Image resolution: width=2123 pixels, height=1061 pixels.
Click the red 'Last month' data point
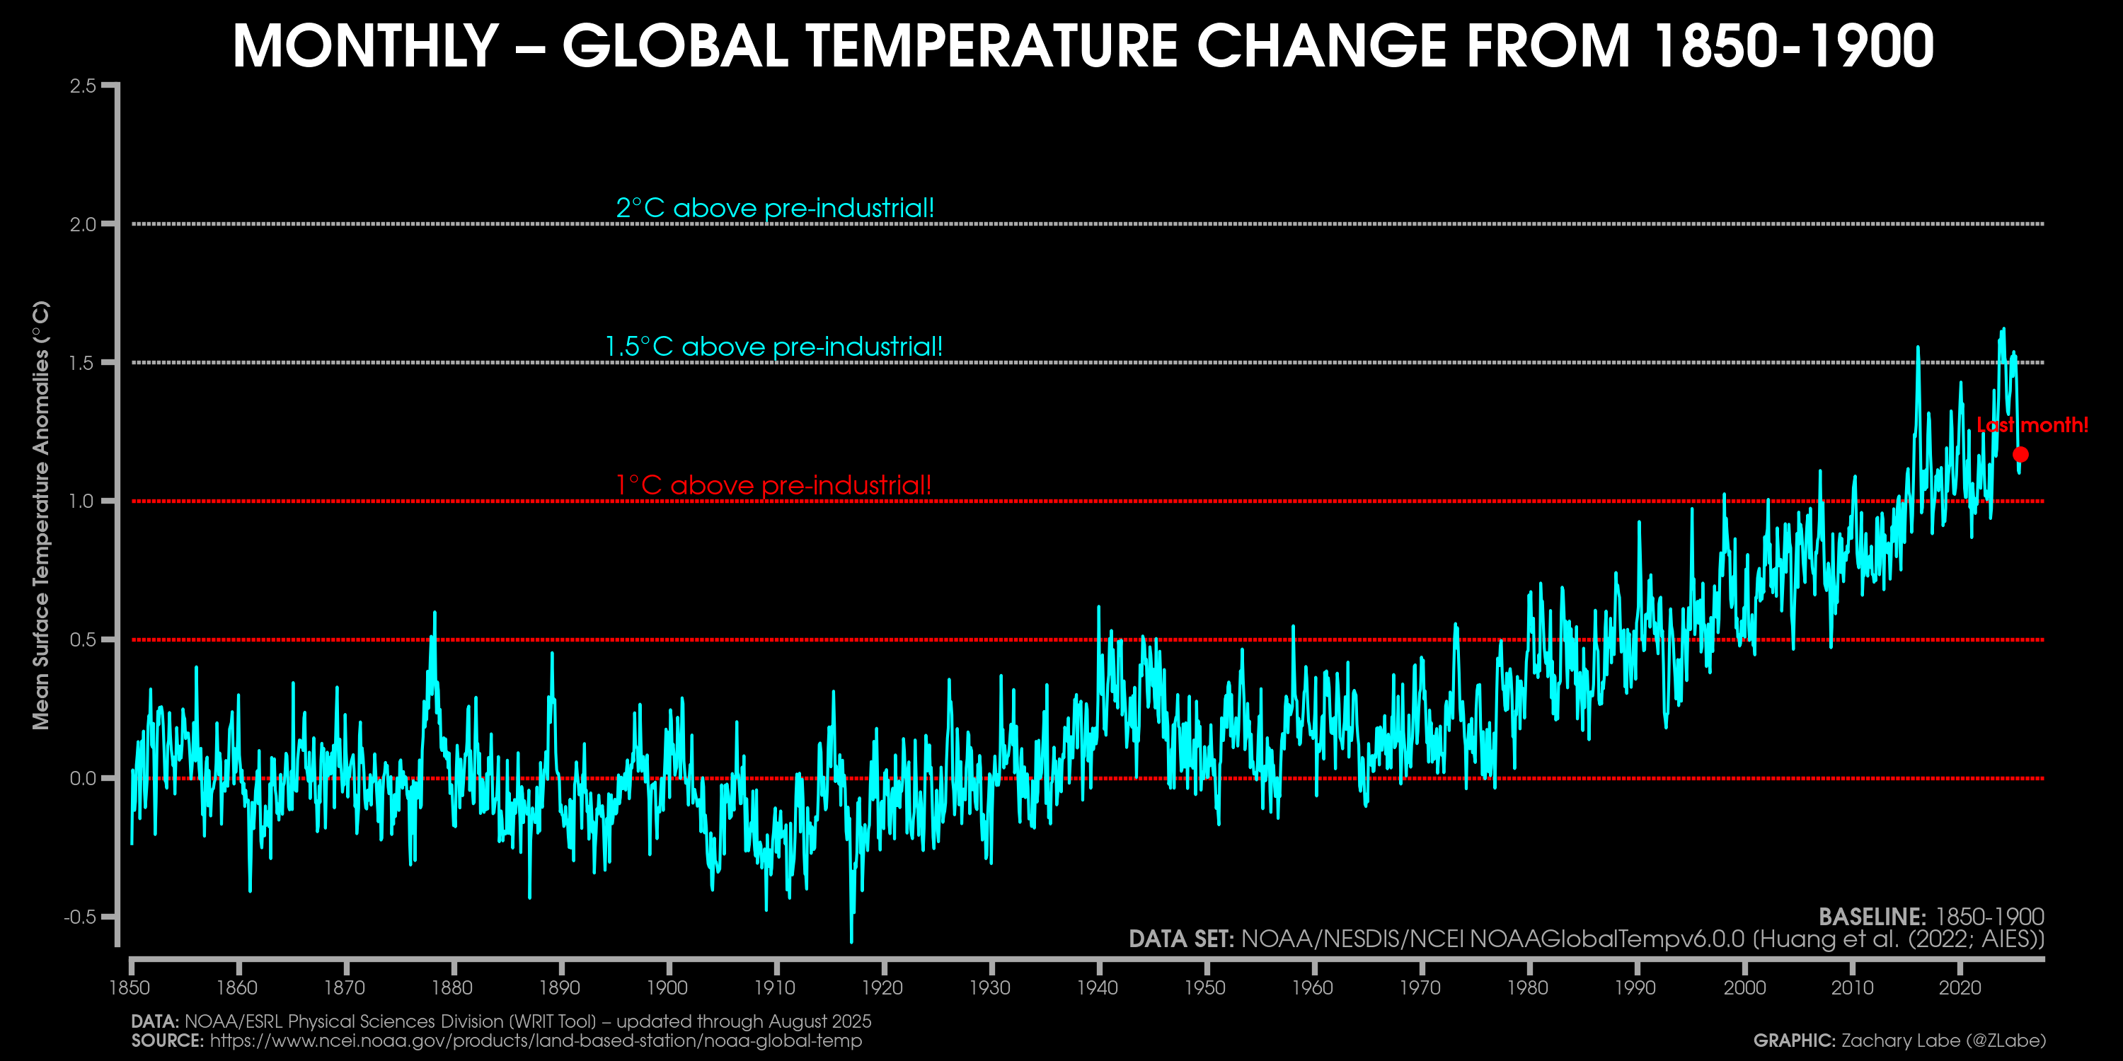[2020, 454]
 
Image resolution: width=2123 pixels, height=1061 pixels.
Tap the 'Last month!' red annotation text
[2032, 425]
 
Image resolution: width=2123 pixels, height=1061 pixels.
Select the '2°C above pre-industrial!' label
[775, 207]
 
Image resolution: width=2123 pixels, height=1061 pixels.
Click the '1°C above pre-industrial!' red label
[773, 485]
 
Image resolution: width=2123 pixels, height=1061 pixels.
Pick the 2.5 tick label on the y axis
[84, 86]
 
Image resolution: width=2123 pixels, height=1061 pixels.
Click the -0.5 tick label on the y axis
[80, 917]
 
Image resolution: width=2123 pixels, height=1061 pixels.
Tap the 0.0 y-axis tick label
[84, 779]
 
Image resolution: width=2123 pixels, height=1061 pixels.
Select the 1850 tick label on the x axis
[130, 987]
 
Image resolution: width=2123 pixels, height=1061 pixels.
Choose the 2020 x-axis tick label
[1960, 987]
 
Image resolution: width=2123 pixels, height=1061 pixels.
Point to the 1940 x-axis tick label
[1098, 987]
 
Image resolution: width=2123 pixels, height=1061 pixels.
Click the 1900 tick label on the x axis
[667, 987]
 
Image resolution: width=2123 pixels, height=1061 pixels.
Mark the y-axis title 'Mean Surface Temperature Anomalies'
[41, 515]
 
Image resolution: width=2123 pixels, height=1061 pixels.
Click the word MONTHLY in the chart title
[366, 46]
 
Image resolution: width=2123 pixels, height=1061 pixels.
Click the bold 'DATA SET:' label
[1181, 939]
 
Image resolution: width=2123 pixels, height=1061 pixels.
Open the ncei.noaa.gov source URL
[536, 1040]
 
